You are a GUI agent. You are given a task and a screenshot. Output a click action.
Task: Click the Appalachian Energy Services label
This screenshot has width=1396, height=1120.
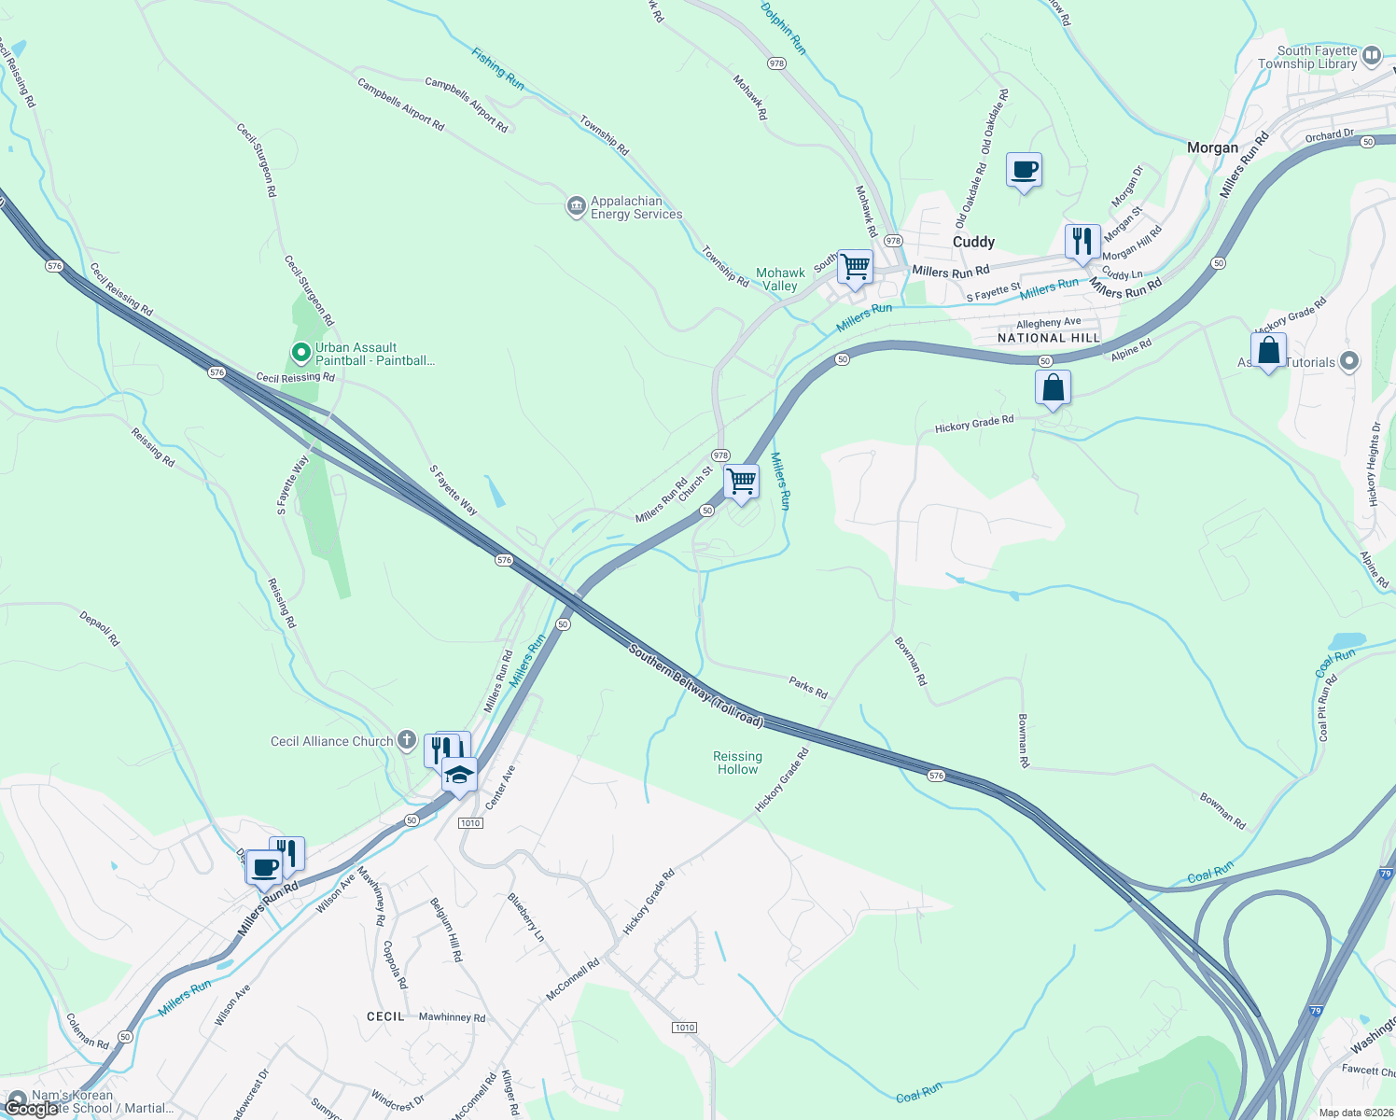tap(635, 207)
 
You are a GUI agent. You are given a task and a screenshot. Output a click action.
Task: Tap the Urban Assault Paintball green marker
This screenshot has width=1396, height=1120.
tap(300, 353)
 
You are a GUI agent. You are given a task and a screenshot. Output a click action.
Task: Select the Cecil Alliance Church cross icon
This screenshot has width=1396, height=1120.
tap(406, 740)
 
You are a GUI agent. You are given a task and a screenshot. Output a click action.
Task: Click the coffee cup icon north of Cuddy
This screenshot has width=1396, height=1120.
tap(1024, 171)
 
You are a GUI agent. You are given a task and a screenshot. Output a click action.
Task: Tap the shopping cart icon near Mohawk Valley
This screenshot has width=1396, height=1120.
tap(855, 268)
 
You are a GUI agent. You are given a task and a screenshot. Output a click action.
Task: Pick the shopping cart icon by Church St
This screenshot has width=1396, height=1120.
tap(741, 482)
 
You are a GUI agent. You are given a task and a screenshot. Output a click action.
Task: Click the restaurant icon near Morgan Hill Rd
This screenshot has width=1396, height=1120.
tap(1082, 242)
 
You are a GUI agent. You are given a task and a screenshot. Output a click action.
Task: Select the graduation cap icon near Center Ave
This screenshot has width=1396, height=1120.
tap(459, 776)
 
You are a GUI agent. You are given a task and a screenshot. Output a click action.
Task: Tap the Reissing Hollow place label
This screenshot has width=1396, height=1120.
tap(737, 763)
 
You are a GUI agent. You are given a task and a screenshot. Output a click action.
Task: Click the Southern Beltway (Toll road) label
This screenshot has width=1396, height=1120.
tap(695, 686)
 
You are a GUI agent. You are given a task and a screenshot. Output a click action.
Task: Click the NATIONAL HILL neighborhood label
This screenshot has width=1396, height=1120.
tap(1049, 338)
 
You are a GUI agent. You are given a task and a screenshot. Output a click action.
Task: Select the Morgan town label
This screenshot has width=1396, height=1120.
tap(1212, 147)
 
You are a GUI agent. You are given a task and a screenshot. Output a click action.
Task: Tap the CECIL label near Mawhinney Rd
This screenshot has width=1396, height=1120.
tap(385, 1016)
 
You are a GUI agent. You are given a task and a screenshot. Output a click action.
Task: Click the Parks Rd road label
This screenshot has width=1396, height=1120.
tap(808, 688)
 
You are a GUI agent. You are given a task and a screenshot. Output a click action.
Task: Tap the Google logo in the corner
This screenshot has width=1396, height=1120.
tap(31, 1109)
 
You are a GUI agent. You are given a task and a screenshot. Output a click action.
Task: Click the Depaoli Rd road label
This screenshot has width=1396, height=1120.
tap(100, 629)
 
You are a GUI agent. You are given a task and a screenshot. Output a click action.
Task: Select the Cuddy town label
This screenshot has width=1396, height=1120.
tap(973, 242)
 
